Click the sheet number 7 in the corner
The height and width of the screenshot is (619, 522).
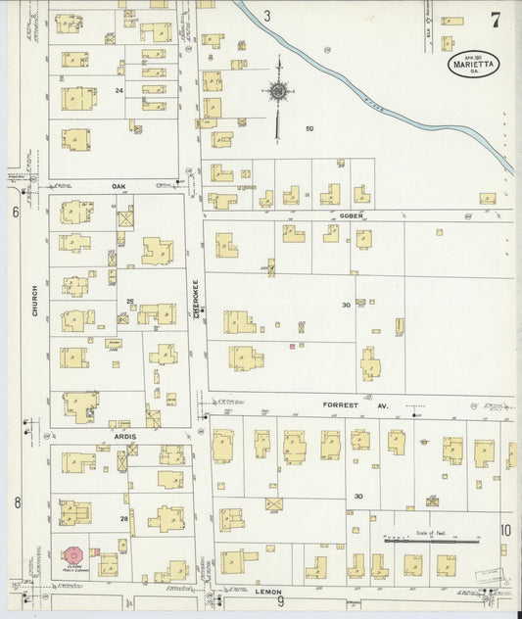[496, 20]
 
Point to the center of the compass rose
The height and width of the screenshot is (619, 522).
[278, 92]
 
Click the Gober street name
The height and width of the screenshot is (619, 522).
[353, 214]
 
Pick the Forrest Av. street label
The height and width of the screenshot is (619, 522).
[370, 404]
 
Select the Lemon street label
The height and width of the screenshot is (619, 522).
[269, 592]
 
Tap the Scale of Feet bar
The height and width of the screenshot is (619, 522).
[430, 540]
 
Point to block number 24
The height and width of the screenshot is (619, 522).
[119, 90]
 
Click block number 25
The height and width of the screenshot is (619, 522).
[129, 302]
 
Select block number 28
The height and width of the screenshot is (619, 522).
[124, 517]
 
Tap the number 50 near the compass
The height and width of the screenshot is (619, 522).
[308, 129]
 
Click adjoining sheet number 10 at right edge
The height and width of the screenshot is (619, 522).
[505, 530]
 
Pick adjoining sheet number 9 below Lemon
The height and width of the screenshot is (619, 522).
[280, 602]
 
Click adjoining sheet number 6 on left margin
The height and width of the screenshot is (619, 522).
[16, 212]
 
